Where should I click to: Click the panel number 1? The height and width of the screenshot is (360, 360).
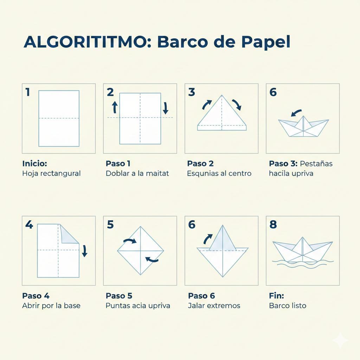tap(28, 92)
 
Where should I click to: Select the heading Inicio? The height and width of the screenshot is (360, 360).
tap(34, 164)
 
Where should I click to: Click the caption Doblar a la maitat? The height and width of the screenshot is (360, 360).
tap(137, 173)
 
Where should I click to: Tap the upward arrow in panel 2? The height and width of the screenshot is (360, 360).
tap(114, 107)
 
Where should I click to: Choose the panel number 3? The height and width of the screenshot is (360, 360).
tap(191, 92)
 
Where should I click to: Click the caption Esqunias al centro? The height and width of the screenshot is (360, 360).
tap(219, 173)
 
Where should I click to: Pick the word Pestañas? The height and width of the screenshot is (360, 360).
tap(316, 164)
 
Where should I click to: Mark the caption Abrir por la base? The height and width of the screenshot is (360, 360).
tap(51, 306)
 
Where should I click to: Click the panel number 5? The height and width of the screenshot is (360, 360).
tap(110, 225)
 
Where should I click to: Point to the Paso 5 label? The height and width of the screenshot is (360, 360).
tap(119, 296)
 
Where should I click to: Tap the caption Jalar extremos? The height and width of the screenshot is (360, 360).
tap(214, 306)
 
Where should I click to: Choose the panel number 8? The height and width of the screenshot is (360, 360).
tap(273, 225)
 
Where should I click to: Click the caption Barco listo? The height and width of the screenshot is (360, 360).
tap(288, 306)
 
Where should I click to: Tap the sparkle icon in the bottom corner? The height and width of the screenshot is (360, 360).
tap(340, 340)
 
